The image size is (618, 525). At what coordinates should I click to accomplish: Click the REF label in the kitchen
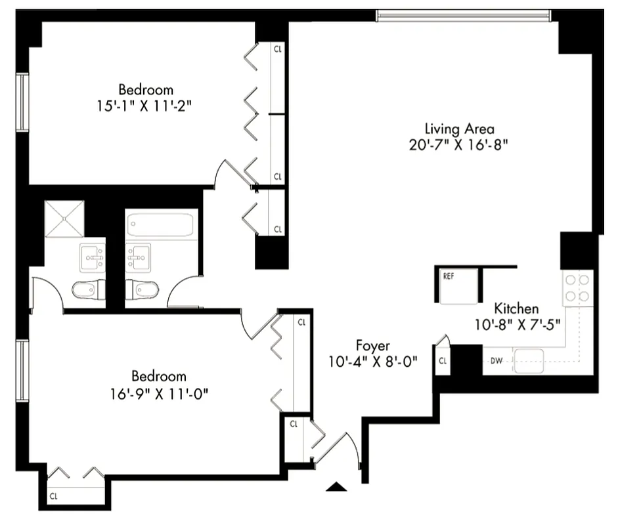449,276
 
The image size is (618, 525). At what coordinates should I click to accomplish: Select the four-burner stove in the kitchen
578,288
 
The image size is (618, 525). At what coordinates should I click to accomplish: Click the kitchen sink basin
529,360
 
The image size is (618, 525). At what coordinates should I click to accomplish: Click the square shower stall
64,218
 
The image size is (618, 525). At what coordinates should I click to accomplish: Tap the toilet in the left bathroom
87,289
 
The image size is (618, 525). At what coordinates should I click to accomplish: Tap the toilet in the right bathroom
142,289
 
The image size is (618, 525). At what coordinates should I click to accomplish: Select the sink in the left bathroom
92,257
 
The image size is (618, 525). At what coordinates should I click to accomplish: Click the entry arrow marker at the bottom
336,486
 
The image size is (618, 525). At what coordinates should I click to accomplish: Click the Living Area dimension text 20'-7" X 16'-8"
459,144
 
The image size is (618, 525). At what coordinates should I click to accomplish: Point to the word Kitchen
516,308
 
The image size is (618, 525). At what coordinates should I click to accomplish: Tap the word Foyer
373,345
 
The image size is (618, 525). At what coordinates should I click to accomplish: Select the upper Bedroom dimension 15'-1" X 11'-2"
146,105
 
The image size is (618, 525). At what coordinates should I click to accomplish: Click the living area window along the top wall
464,14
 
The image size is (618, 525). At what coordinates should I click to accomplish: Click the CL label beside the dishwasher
443,360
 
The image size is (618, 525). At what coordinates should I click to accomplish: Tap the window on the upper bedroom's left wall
22,102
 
